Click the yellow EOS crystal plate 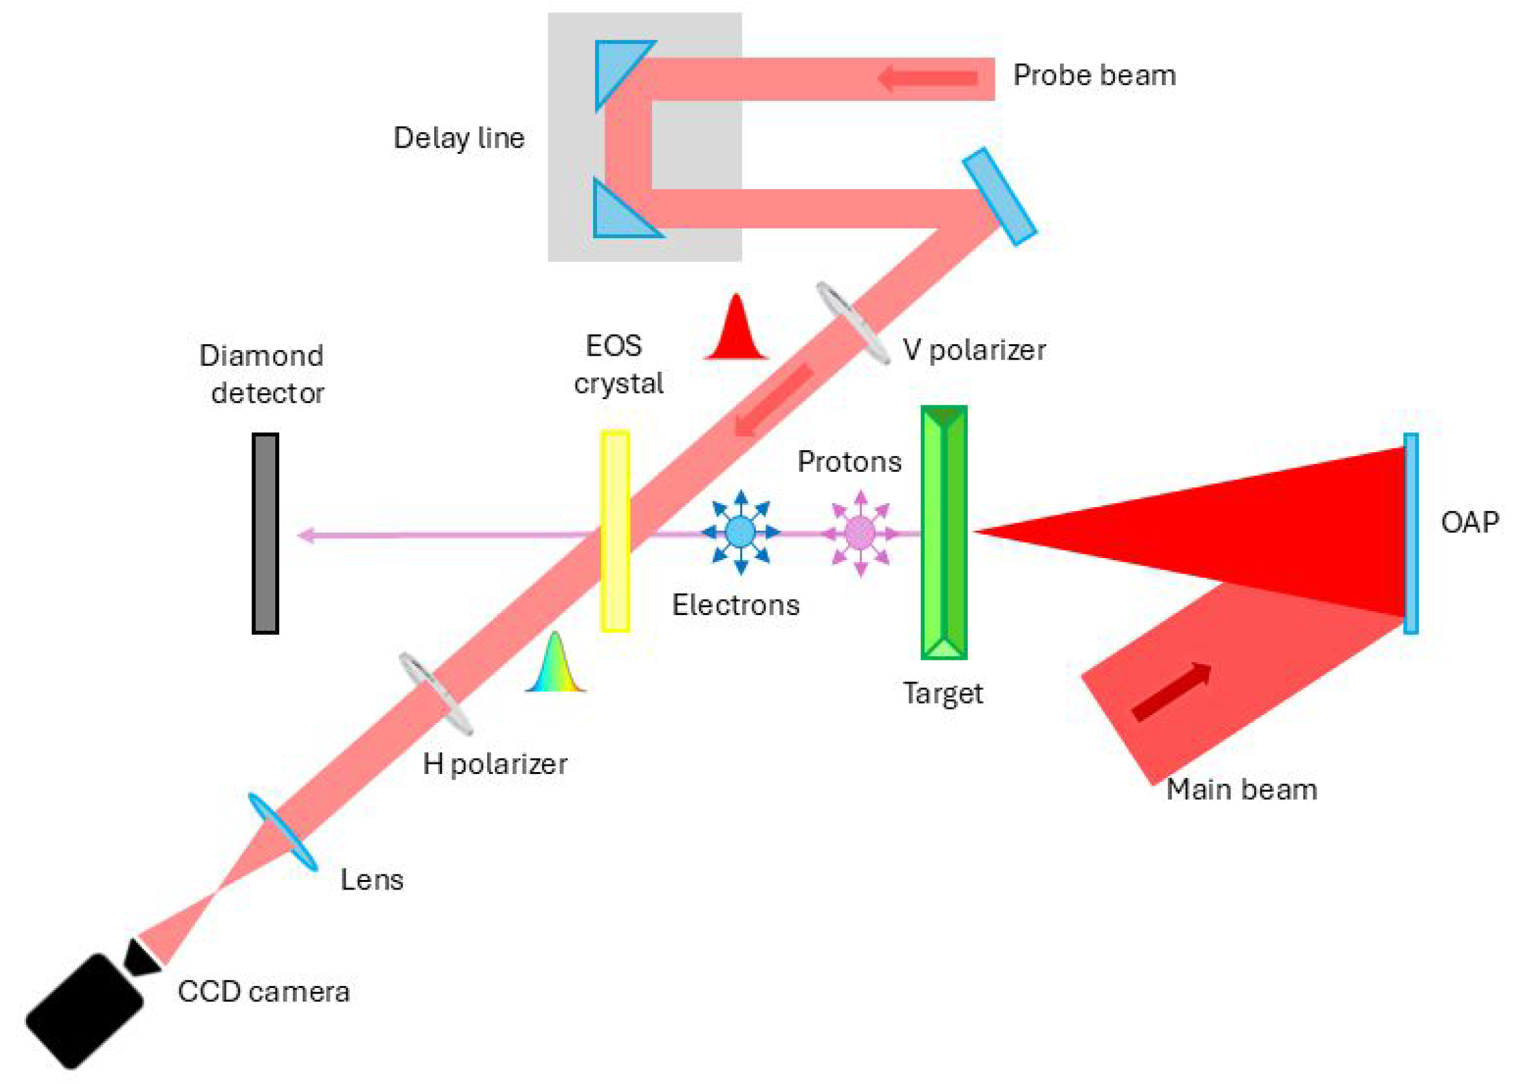pos(615,531)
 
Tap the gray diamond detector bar pos(265,533)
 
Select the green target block pos(943,532)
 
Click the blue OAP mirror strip pos(1410,533)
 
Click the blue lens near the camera pos(282,832)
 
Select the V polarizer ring pos(852,323)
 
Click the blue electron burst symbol pos(740,532)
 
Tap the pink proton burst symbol pos(859,533)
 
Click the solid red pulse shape pos(736,331)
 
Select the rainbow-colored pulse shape pos(555,664)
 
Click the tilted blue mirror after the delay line pos(999,196)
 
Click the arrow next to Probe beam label pos(927,79)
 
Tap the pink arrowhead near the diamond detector pos(306,535)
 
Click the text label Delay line pos(458,138)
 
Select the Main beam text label pos(1241,789)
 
